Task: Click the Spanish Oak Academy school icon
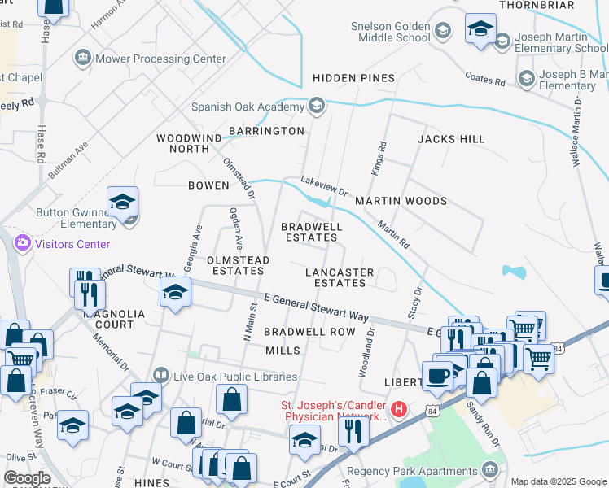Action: (x=317, y=107)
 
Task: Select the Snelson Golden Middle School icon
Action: (x=442, y=32)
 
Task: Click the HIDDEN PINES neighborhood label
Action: (x=354, y=78)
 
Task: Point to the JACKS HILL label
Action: (x=451, y=139)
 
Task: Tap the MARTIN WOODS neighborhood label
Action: (x=401, y=201)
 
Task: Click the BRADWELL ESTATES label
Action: (x=309, y=232)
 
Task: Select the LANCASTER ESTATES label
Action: (x=340, y=277)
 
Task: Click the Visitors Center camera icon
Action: (x=22, y=243)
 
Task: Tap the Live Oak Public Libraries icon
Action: (x=160, y=376)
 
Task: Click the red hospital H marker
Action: (x=398, y=408)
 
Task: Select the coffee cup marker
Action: (x=438, y=376)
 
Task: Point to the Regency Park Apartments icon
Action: (x=489, y=469)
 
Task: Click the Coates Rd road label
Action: (x=485, y=79)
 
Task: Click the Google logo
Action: (x=26, y=478)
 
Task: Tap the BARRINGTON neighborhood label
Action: (x=266, y=131)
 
